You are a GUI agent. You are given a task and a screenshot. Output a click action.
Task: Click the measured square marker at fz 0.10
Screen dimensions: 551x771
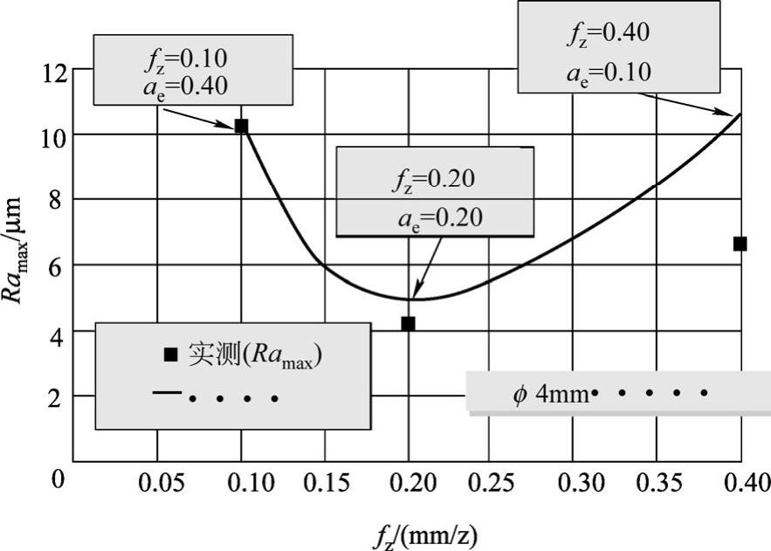click(241, 126)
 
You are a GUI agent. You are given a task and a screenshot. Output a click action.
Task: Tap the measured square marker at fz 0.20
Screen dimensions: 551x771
click(408, 323)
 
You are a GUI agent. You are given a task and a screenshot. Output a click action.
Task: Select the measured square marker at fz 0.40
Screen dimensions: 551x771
click(740, 244)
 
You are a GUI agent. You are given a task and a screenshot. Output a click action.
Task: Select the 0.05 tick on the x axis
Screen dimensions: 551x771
click(157, 481)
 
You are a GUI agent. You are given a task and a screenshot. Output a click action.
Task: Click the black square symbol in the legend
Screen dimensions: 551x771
click(171, 355)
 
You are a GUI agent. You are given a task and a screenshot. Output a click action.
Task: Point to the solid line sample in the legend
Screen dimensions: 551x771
click(166, 394)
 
